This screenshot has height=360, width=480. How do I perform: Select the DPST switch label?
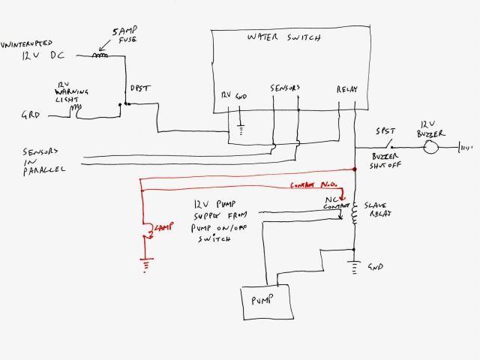(139, 88)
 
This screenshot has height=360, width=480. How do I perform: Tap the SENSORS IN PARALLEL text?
(41, 160)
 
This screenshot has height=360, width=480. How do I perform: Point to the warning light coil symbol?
(76, 111)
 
